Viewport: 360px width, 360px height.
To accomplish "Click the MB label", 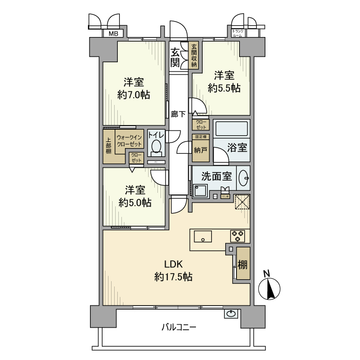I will coord(112,34).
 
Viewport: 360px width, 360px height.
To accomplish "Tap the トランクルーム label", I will coord(238,33).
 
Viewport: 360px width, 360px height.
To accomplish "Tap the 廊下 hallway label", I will coord(178,114).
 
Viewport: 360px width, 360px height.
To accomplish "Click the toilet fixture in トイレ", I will coord(156,148).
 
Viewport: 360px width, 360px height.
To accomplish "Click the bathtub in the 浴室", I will coord(231,129).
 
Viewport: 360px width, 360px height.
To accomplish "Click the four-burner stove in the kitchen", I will coord(238,236).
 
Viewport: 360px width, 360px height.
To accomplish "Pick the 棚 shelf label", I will coord(243,265).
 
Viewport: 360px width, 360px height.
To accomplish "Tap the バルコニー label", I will coord(178,327).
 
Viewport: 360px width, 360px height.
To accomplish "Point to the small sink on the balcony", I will coord(231,313).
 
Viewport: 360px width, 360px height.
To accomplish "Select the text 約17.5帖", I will coord(173,277).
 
